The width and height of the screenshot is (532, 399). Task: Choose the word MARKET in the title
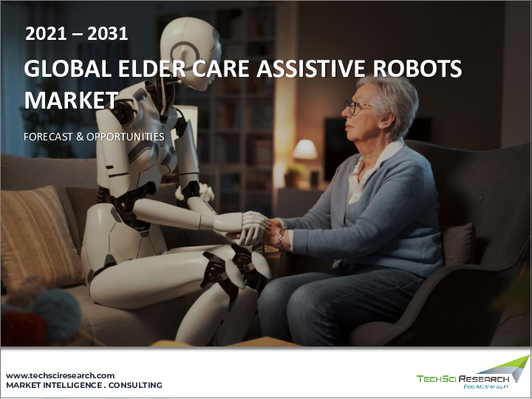pyautogui.click(x=71, y=100)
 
